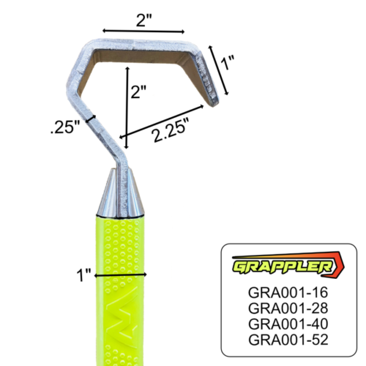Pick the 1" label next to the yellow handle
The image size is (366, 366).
click(x=86, y=274)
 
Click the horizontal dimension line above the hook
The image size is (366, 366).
click(x=143, y=31)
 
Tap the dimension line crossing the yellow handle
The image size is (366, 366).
click(x=121, y=274)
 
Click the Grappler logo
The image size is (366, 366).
click(x=287, y=265)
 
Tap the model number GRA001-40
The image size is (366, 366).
click(x=288, y=324)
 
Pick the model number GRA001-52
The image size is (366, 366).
click(x=288, y=340)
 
